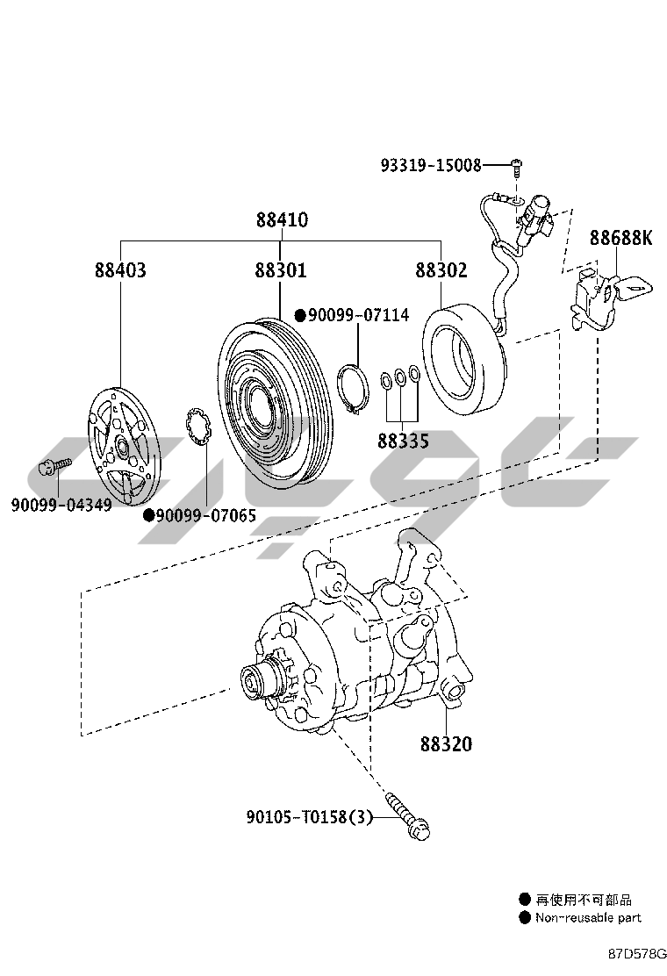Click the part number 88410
coord(282,219)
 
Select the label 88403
coord(120,269)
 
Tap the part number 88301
coord(281,269)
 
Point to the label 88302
coord(441,269)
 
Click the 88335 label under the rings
coord(404,441)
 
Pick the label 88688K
coord(620,238)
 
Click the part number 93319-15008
coord(431,165)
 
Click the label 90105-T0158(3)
coord(310,817)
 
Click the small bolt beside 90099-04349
coord(55,465)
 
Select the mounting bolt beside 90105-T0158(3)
coord(412,816)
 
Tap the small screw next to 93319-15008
coord(518,163)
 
